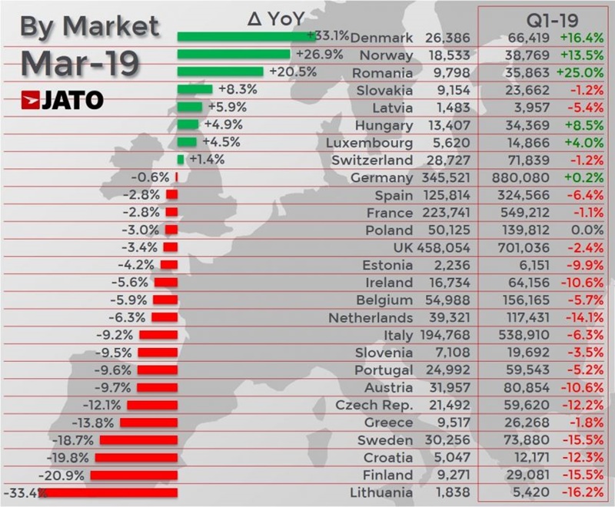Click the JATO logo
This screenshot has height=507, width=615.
coord(62,100)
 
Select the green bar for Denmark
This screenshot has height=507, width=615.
coord(241,36)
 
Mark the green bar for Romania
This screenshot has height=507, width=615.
coord(220,71)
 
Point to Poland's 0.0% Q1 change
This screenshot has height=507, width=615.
coord(585,230)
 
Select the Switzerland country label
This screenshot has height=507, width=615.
coord(372,161)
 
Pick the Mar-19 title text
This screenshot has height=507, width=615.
coord(79,62)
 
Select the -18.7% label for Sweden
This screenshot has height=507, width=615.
coord(75,440)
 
